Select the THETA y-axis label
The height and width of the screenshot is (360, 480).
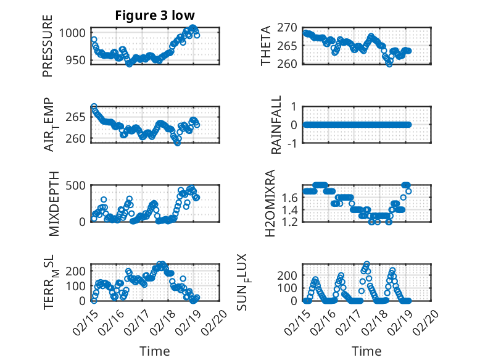[x=266, y=46]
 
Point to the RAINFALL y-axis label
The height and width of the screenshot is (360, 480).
[x=277, y=125]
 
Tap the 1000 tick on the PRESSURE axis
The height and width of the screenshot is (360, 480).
[x=77, y=33]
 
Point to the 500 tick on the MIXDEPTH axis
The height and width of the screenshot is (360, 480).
[x=80, y=185]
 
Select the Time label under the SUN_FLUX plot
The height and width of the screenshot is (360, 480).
[x=366, y=351]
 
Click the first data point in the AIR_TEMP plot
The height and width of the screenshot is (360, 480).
[x=94, y=107]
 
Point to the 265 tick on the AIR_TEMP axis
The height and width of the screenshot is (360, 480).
[x=80, y=117]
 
